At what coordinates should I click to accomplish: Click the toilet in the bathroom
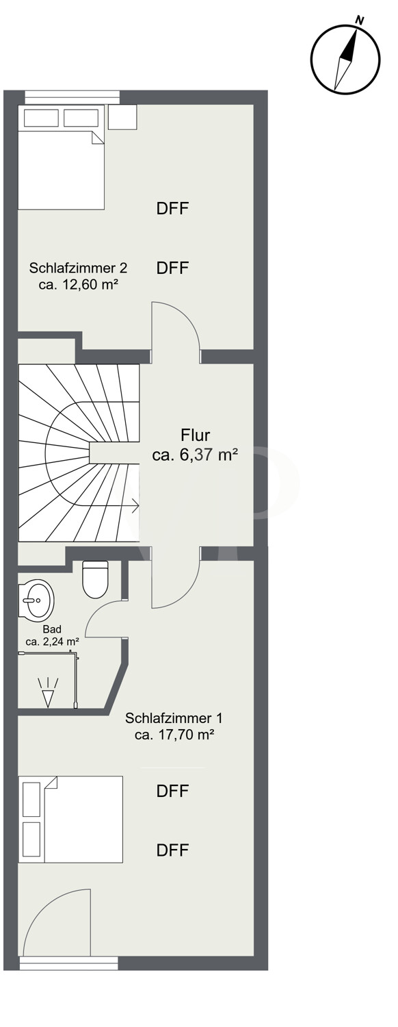95,579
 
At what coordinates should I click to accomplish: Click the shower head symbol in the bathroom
48,692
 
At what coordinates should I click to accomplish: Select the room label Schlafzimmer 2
79,268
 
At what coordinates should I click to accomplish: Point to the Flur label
195,435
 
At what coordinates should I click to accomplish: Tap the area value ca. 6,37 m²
195,455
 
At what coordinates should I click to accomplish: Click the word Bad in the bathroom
52,629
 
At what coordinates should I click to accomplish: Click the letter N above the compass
360,20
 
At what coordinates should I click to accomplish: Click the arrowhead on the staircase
135,506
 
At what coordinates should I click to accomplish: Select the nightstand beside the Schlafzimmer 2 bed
122,117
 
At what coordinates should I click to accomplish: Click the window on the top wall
72,97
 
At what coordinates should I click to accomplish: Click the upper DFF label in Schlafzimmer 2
172,209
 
